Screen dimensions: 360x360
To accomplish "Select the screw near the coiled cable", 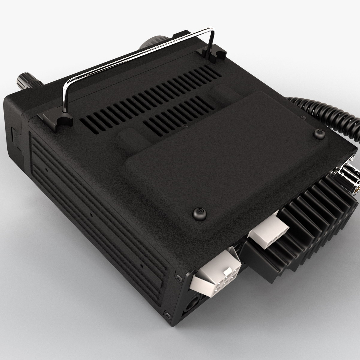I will coord(319,133).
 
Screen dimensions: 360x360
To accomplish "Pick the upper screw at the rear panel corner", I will coord(177,277).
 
